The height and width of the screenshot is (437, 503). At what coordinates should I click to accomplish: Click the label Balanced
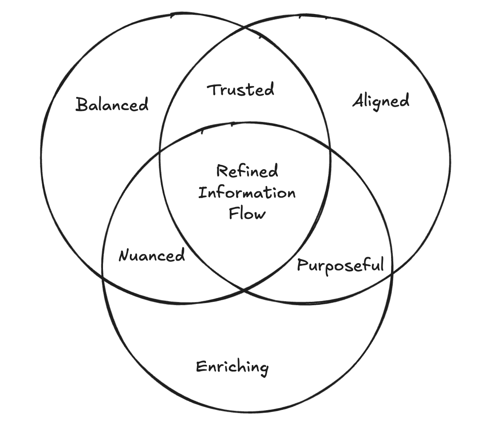pyautogui.click(x=112, y=104)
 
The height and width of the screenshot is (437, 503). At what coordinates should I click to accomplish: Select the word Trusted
pyautogui.click(x=241, y=90)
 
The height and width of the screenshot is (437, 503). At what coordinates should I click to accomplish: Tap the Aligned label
pyautogui.click(x=381, y=101)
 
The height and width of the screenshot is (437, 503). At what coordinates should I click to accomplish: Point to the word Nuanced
pyautogui.click(x=151, y=255)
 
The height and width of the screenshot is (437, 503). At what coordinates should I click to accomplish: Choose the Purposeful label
pyautogui.click(x=340, y=265)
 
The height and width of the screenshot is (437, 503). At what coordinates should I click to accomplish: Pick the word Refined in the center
pyautogui.click(x=247, y=171)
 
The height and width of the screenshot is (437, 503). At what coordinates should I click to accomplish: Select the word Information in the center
pyautogui.click(x=247, y=193)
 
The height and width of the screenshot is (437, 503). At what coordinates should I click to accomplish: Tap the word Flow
pyautogui.click(x=247, y=213)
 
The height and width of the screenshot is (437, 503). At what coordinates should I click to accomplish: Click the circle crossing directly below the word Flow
pyautogui.click(x=243, y=290)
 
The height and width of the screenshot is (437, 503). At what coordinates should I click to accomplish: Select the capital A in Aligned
pyautogui.click(x=358, y=101)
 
